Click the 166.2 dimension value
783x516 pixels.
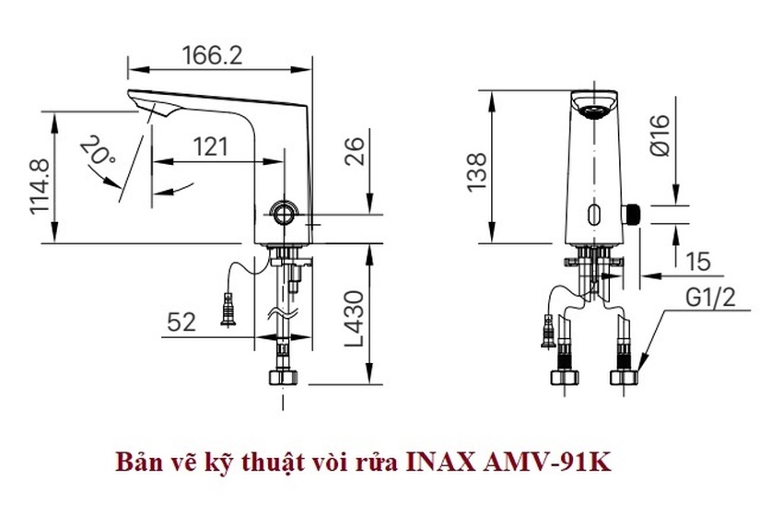coord(211,55)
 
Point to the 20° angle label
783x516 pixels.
coord(96,152)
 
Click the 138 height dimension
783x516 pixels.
coord(477,172)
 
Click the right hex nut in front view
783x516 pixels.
coord(624,376)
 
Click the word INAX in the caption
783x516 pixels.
coord(439,461)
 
